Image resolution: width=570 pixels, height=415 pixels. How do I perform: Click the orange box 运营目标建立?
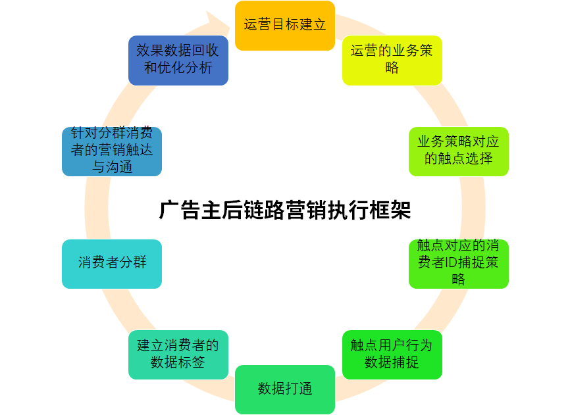[284, 26]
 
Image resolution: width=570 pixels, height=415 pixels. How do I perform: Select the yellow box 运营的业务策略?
[392, 61]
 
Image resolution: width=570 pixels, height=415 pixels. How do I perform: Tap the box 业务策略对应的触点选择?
[458, 151]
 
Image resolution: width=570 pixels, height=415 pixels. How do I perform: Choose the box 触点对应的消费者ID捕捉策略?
[458, 264]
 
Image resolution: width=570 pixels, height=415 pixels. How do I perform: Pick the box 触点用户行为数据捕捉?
[392, 354]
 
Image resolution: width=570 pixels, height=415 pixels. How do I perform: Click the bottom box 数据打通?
[284, 389]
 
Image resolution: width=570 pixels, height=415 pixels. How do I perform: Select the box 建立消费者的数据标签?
[178, 354]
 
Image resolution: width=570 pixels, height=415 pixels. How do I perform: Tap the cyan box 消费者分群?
[112, 264]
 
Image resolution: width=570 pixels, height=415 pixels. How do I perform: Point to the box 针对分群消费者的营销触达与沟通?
[112, 151]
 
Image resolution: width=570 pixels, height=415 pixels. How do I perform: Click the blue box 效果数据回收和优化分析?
[178, 61]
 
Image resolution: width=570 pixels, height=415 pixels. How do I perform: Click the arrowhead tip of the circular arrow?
[230, 27]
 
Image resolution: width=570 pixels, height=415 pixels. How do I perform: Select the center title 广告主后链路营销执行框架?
[284, 210]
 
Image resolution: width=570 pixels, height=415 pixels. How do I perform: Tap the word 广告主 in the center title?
[190, 210]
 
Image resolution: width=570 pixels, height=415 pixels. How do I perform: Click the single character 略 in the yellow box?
[392, 68]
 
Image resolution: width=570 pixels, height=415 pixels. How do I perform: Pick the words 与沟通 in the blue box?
[112, 167]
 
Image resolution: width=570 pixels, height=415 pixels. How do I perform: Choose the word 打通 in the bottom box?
[298, 389]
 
